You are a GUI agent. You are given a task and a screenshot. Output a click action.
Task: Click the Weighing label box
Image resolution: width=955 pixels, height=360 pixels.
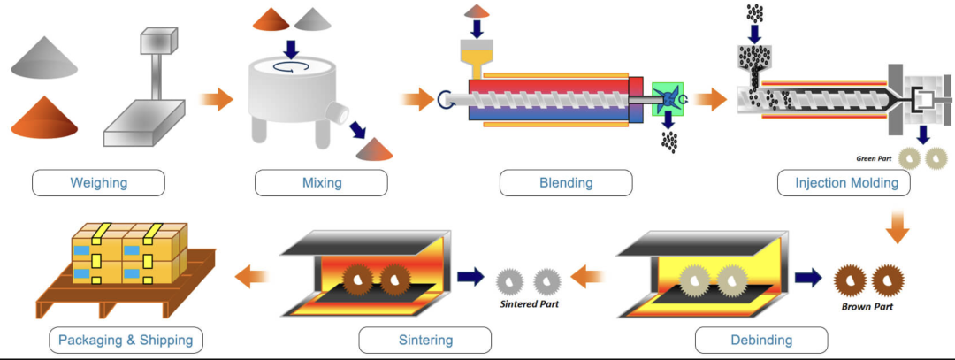[98, 183]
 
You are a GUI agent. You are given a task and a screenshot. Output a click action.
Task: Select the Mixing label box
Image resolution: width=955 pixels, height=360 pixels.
[321, 183]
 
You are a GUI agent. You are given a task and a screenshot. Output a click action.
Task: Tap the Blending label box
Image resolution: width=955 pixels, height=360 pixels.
[566, 183]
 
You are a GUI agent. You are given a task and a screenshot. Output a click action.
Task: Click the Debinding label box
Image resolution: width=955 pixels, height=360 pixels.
[761, 340]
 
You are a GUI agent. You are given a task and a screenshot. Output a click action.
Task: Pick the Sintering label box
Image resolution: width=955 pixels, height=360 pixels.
[424, 340]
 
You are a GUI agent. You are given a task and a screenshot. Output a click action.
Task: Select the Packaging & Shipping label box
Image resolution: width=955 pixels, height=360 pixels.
[125, 340]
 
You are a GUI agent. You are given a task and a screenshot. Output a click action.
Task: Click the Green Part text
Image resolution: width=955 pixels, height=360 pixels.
[875, 159]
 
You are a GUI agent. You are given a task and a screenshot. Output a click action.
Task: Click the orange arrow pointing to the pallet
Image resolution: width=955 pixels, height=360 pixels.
[252, 278]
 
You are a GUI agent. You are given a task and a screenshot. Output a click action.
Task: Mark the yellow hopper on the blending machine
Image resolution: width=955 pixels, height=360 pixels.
[478, 61]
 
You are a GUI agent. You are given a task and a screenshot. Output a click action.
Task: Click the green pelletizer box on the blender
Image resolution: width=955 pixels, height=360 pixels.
[669, 97]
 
